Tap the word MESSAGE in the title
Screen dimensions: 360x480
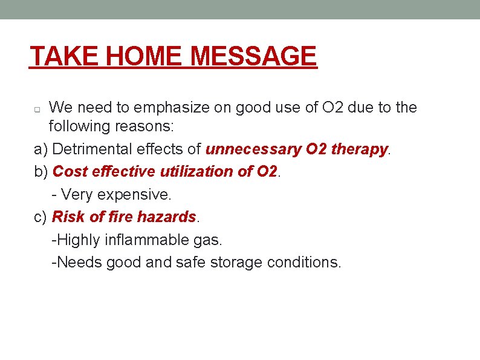[x=253, y=57]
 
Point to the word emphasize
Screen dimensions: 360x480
[x=173, y=108]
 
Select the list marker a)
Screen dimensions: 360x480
[x=41, y=150]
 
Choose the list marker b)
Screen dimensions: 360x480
[x=41, y=172]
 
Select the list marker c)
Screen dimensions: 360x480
[x=41, y=217]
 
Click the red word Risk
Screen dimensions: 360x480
[x=68, y=217]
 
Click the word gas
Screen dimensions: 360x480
[x=209, y=240]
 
